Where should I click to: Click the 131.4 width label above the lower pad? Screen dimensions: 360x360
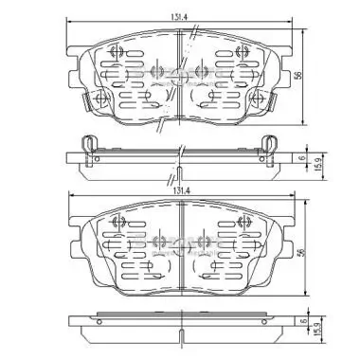tap(180, 190)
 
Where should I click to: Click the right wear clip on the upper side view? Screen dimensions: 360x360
tap(269, 144)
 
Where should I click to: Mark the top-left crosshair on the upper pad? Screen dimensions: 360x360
tap(118, 52)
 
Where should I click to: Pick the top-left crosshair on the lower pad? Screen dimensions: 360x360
tap(119, 225)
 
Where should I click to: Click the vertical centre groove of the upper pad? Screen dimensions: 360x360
tap(180, 81)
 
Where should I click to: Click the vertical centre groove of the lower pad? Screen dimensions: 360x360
tap(180, 256)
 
